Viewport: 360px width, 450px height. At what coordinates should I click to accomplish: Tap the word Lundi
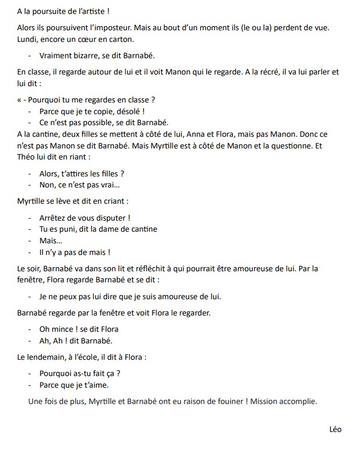27,39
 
